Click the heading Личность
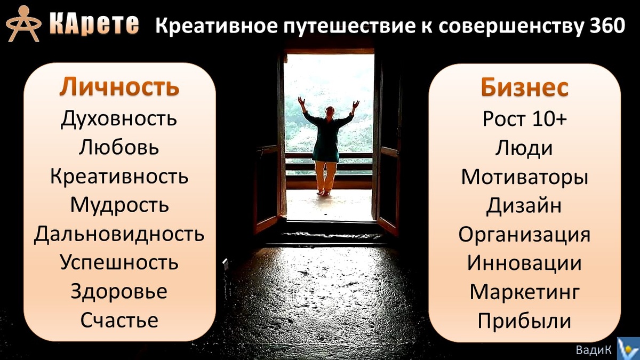[119, 87]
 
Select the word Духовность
[119, 118]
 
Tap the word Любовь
[119, 147]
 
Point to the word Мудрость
[119, 205]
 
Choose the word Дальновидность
[119, 234]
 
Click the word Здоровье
[119, 292]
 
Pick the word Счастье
[119, 321]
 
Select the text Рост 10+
[525, 118]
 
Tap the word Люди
[525, 148]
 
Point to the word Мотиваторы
[525, 177]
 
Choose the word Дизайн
[525, 205]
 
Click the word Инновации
[525, 263]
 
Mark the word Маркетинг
[525, 292]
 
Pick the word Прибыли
[525, 321]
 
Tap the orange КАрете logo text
[94, 24]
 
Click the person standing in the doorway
[327, 144]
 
